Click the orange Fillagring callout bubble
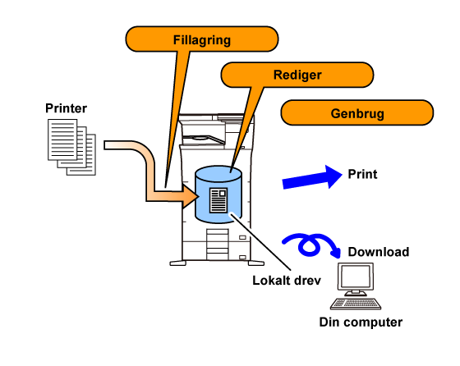click(202, 39)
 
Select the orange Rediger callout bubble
click(297, 75)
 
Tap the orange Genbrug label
click(357, 112)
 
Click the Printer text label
click(66, 108)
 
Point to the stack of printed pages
click(71, 147)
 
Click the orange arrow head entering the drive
click(190, 196)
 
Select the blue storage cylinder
click(218, 194)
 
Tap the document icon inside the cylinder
click(218, 200)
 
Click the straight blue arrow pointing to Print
click(312, 177)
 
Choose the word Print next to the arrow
click(362, 174)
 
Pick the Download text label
click(379, 252)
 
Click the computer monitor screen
click(356, 277)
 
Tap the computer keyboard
click(356, 304)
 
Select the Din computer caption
click(361, 322)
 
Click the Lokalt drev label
click(287, 281)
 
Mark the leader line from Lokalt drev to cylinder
click(260, 241)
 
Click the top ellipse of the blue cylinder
click(218, 173)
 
